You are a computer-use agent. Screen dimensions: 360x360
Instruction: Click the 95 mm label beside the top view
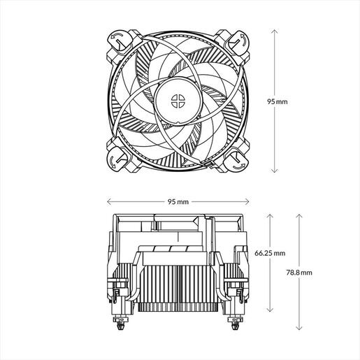tap(278, 101)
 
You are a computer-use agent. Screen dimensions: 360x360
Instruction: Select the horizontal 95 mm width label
tap(178, 201)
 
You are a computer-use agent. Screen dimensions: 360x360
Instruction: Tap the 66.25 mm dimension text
tap(271, 252)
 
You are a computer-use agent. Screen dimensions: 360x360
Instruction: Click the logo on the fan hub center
tap(178, 101)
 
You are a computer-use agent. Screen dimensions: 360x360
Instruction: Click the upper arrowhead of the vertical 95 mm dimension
tap(275, 31)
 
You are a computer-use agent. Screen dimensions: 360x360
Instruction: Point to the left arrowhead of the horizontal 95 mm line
tap(108, 201)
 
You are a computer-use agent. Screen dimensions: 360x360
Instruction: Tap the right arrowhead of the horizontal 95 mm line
tap(247, 201)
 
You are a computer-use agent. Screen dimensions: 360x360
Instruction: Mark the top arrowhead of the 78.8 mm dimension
tap(299, 215)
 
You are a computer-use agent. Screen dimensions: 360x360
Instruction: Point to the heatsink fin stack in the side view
tap(178, 283)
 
